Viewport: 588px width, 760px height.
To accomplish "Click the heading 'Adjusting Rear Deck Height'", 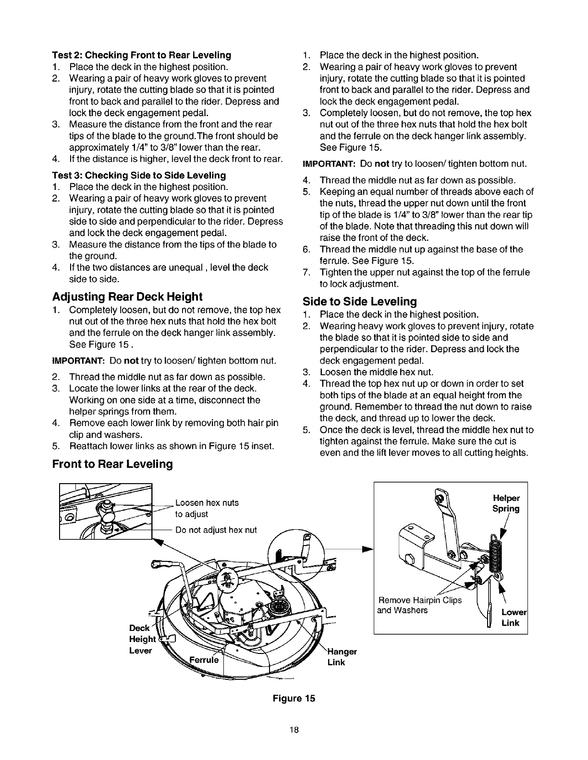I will click(127, 296).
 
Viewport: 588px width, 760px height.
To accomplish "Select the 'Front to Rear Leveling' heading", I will click(112, 464).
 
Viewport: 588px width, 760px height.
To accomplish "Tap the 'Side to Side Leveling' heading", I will click(360, 301).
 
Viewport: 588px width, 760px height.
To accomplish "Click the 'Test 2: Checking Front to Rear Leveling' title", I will click(142, 55).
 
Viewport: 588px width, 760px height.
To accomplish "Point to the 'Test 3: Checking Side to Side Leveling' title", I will click(139, 175).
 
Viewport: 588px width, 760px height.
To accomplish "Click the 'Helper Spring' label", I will click(506, 503).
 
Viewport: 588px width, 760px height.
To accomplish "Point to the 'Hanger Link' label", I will click(342, 657).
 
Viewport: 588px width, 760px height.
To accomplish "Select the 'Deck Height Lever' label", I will click(142, 639).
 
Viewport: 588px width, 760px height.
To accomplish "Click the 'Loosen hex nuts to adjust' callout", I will click(207, 509).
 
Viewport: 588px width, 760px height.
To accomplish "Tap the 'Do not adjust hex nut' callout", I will click(216, 530).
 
